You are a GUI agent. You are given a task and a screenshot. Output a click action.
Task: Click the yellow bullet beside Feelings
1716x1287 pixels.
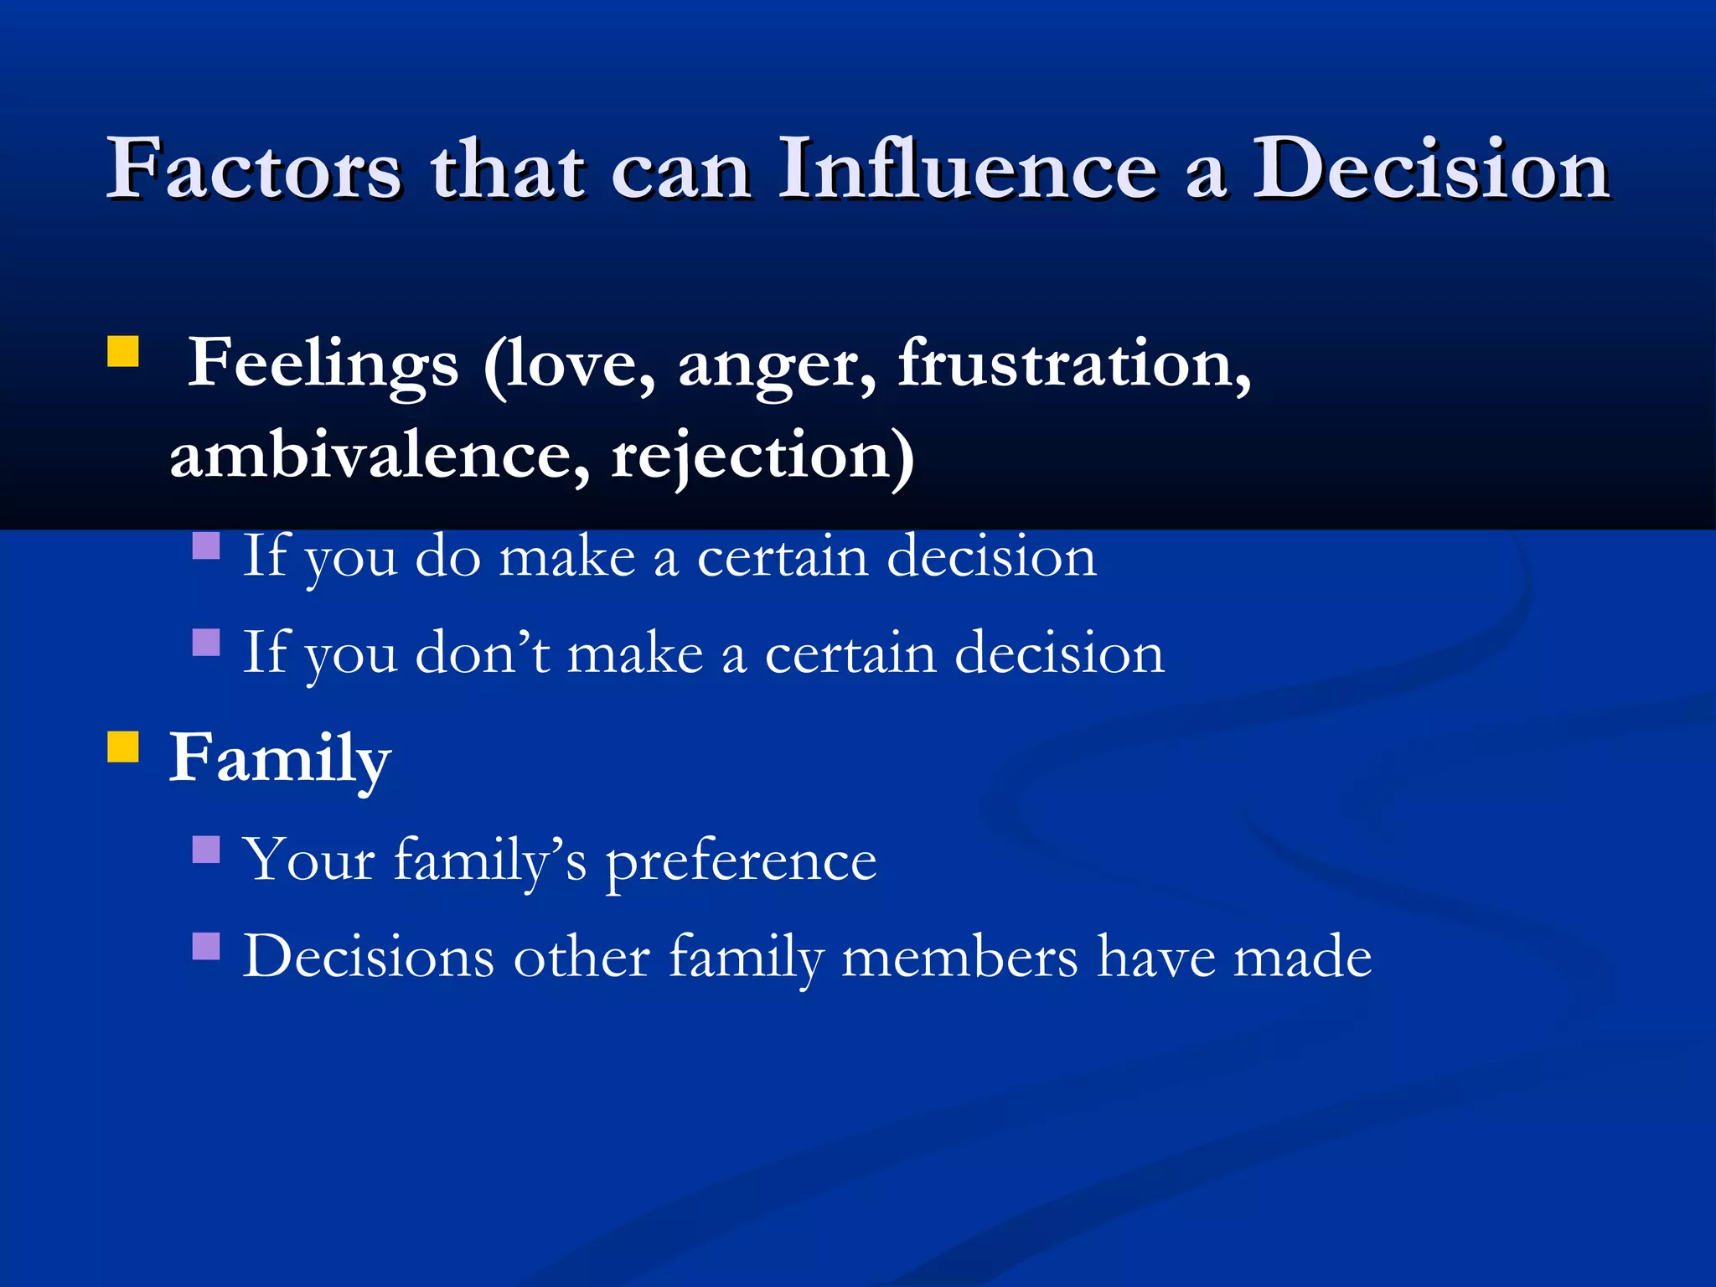click(x=123, y=352)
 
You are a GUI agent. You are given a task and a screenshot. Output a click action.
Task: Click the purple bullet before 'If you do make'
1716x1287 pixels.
click(x=206, y=545)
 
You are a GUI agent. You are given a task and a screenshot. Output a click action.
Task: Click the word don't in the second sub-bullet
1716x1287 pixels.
click(x=483, y=653)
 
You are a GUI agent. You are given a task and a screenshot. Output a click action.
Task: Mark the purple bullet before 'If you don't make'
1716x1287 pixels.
click(x=206, y=643)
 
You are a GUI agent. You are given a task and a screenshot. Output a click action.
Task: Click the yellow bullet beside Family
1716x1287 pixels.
click(x=123, y=746)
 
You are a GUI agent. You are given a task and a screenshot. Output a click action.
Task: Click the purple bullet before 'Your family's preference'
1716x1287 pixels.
click(x=206, y=850)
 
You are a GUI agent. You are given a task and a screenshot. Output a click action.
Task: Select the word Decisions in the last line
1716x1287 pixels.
click(x=369, y=957)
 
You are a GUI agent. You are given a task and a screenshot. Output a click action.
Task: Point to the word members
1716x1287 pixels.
click(x=959, y=957)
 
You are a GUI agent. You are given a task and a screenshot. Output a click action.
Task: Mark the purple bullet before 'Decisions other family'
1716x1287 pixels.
click(x=206, y=946)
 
